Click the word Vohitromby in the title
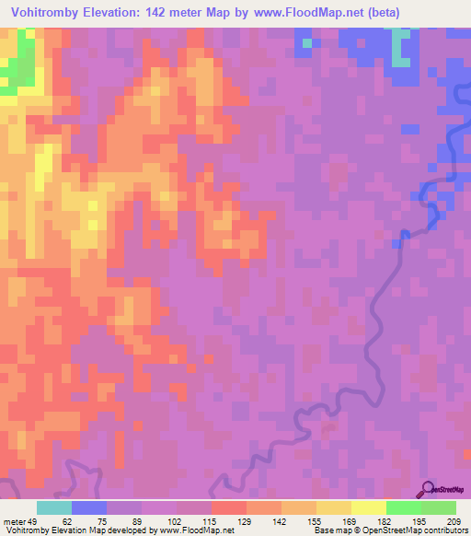tap(43, 12)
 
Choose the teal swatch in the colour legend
tap(54, 507)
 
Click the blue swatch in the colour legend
tap(89, 507)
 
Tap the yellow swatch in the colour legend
tap(368, 507)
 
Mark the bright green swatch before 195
tap(403, 507)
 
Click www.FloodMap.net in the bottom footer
tap(190, 530)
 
